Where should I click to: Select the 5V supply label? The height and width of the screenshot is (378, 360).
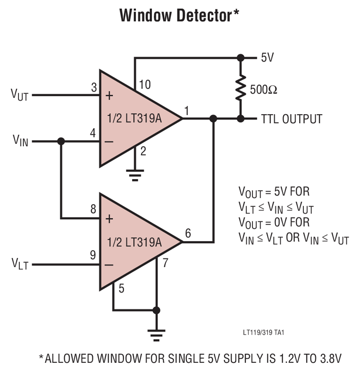(268, 58)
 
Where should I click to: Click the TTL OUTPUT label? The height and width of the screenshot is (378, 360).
(292, 119)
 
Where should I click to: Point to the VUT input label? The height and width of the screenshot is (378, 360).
(20, 95)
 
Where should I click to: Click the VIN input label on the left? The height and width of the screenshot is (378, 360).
(20, 141)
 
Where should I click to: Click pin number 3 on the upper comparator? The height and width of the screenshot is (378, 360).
(94, 88)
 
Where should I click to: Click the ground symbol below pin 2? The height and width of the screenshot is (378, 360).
(135, 175)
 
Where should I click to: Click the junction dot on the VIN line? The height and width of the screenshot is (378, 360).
(61, 141)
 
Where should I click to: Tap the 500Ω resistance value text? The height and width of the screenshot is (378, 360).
(263, 90)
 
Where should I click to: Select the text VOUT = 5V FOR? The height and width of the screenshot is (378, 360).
(274, 192)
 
